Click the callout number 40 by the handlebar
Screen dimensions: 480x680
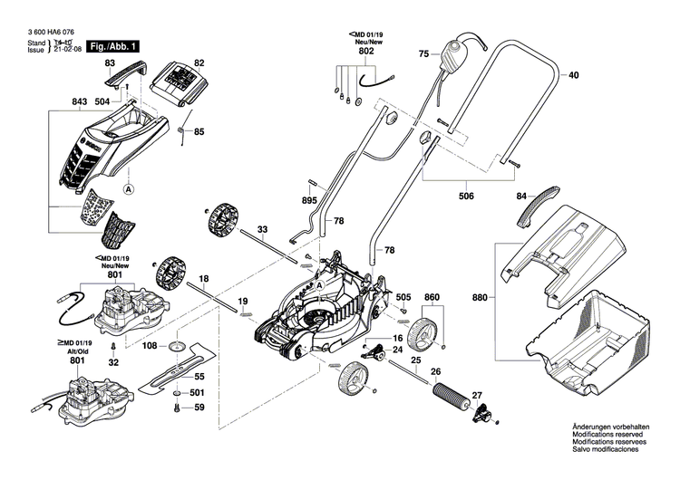coord(572,76)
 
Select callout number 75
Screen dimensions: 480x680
coord(423,55)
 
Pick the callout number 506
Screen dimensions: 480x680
coord(465,194)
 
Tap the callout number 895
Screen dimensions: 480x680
coord(309,199)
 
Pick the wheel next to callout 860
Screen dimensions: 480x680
coord(423,335)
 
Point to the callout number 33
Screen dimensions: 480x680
coord(262,229)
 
